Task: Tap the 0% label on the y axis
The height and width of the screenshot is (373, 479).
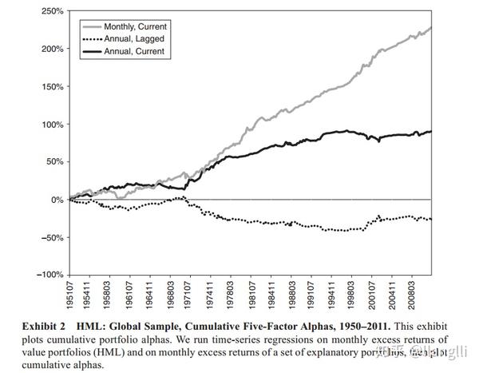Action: pos(55,199)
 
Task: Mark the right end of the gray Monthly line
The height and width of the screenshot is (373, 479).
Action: pos(431,28)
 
